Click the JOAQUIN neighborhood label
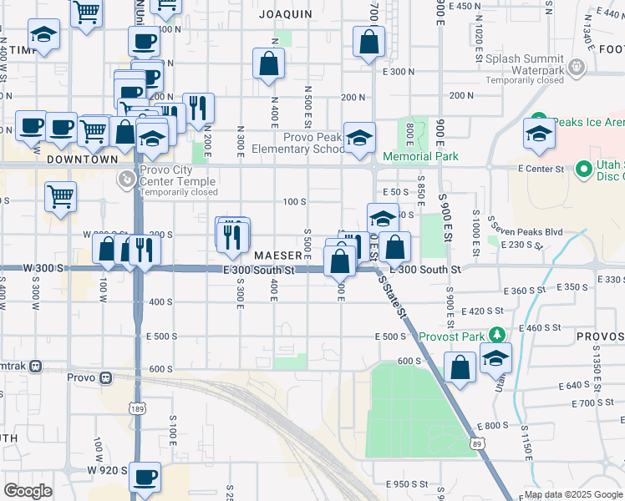click(x=285, y=14)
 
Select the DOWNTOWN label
click(x=83, y=159)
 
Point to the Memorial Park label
click(x=420, y=156)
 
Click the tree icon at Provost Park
click(x=497, y=335)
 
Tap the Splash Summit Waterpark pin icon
click(x=574, y=66)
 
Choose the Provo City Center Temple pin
click(x=125, y=178)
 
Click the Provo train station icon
click(x=105, y=377)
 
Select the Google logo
click(x=28, y=491)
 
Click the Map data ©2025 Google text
click(x=573, y=494)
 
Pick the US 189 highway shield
click(x=135, y=407)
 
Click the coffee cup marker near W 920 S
click(x=145, y=476)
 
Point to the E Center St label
click(x=536, y=169)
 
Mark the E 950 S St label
click(x=407, y=484)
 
